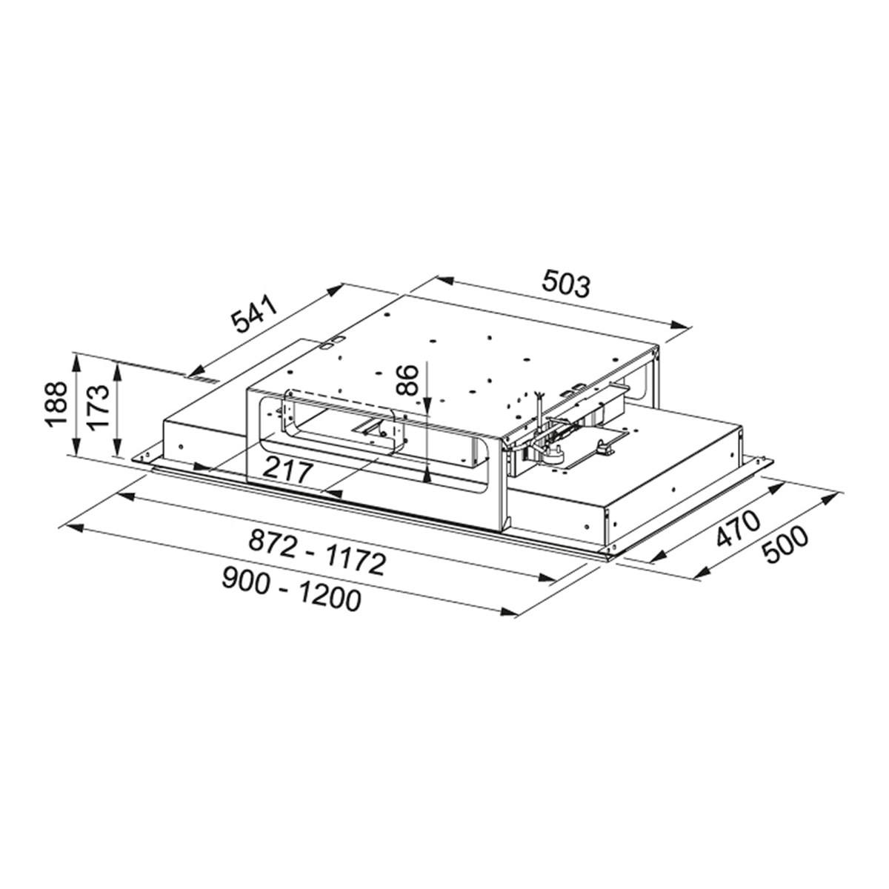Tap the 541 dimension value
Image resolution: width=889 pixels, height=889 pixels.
(x=254, y=315)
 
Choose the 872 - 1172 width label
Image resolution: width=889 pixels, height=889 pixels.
(x=317, y=551)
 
